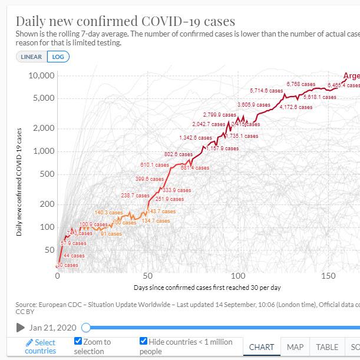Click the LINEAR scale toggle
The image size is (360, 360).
pos(31,57)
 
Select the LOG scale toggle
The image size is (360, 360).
pos(58,57)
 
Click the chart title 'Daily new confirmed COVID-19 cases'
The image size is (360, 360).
pos(125,21)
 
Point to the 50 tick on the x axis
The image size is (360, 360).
pos(148,275)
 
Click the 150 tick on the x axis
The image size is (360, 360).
pos(328,275)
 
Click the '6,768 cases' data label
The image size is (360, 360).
pos(300,84)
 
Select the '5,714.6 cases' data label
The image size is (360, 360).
pos(266,91)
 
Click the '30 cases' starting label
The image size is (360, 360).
pos(67,265)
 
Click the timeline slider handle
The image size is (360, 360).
pos(86,328)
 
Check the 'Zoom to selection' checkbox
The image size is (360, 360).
pos(78,342)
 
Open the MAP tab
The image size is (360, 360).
pos(295,347)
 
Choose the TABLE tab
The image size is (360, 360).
pos(327,347)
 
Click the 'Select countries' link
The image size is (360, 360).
pos(41,346)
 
